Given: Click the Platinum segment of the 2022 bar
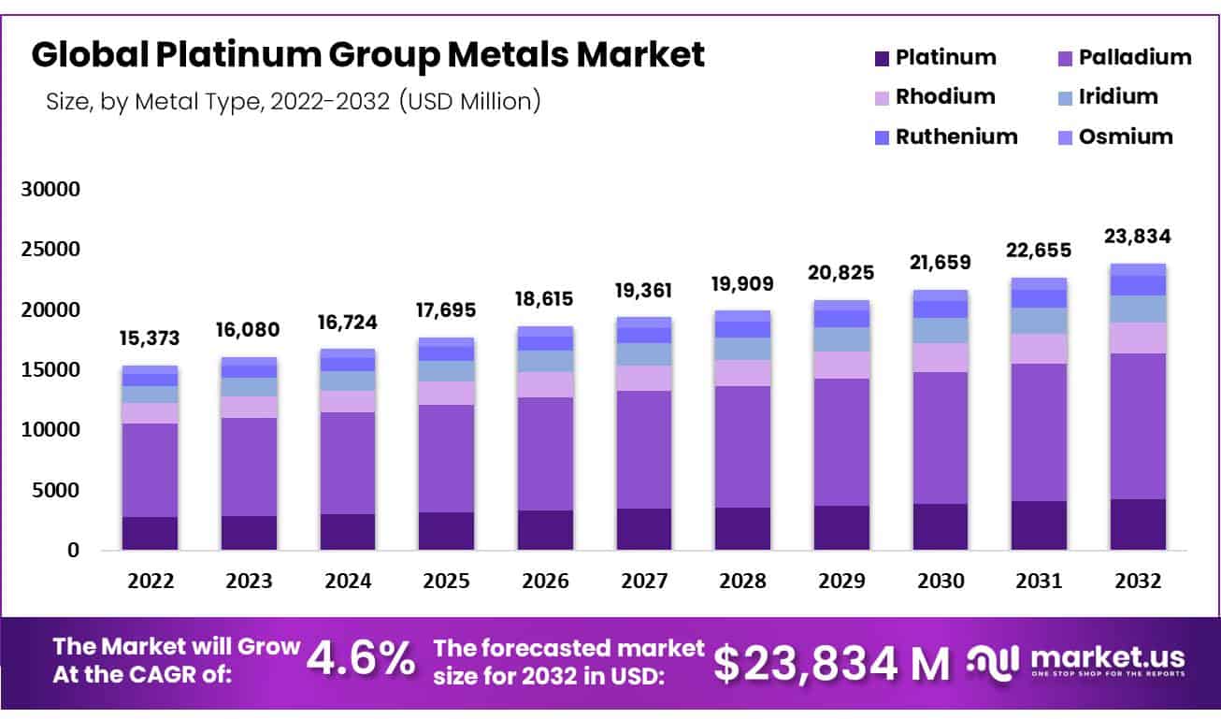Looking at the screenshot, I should pos(150,533).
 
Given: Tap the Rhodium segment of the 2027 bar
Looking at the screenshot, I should pos(643,378).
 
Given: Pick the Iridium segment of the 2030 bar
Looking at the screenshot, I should pos(941,330).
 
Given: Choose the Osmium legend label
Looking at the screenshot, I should pos(1126,137).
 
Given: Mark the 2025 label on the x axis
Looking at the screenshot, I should pos(446,581).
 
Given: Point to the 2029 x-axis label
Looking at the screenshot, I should pos(841,581).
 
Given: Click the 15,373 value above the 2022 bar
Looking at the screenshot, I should pos(150,338).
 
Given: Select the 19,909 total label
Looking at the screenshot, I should pos(743,281).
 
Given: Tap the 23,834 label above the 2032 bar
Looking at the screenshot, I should pos(1138,237).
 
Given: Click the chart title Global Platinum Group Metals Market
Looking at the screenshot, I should pos(367,55).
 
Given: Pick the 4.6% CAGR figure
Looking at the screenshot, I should pos(361,660).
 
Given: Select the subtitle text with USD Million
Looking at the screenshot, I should pos(293,101).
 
